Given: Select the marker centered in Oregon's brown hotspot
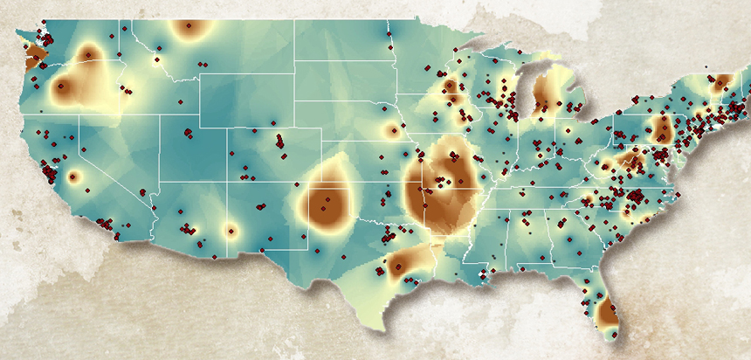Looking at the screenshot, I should tap(63, 87).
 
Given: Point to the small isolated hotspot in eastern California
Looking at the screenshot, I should tap(72, 176).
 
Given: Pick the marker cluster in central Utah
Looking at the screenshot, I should tap(187, 133).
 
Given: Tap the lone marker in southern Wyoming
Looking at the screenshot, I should tap(272, 123).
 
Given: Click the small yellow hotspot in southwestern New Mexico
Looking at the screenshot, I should tap(231, 232).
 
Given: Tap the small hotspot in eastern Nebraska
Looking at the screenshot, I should tap(394, 132).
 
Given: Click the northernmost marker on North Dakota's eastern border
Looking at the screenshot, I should tap(389, 35).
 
